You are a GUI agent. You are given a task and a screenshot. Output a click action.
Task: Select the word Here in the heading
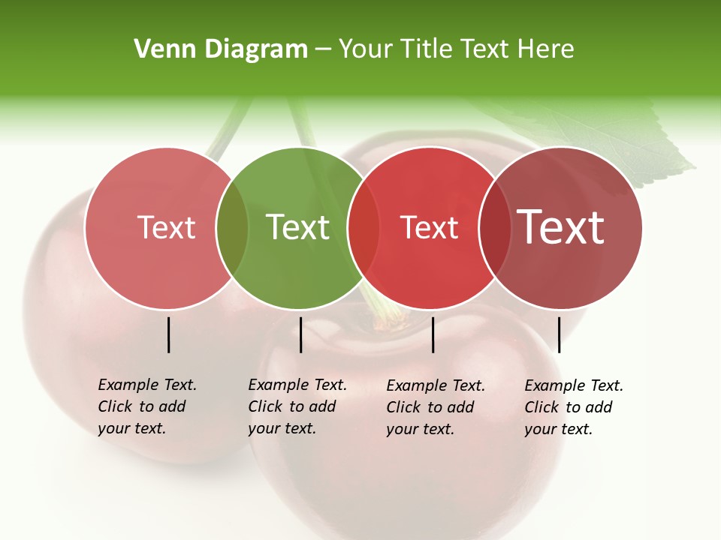(546, 49)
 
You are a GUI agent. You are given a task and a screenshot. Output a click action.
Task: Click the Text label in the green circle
(298, 227)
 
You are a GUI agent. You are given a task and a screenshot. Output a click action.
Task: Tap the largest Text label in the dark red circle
(561, 227)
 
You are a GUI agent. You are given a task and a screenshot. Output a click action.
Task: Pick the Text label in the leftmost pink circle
(166, 227)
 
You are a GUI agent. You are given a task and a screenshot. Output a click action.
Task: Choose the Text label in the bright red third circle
(429, 227)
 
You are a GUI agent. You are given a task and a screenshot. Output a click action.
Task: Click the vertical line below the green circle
(300, 334)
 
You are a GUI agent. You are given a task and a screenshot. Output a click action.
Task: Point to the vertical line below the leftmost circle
(168, 334)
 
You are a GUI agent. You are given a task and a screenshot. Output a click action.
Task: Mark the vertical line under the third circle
(433, 334)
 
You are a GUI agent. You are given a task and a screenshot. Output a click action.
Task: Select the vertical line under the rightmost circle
(559, 334)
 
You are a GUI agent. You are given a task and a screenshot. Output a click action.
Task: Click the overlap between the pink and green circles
(232, 227)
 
